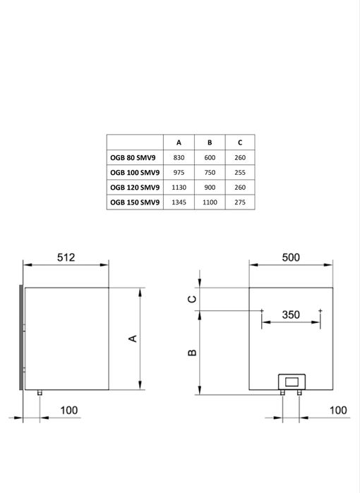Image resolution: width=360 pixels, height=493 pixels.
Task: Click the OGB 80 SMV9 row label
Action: [x=134, y=158]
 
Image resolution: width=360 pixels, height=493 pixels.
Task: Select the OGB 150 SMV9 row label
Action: [x=134, y=202]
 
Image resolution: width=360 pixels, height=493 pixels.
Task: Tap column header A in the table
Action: [x=179, y=142]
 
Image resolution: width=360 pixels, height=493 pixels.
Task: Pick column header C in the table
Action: [x=240, y=142]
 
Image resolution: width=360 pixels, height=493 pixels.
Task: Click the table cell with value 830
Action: [x=179, y=158]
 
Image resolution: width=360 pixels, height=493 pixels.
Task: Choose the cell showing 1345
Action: [x=179, y=202]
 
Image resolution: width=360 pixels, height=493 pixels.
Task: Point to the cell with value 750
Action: [x=210, y=172]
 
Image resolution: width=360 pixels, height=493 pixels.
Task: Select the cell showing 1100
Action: [x=210, y=202]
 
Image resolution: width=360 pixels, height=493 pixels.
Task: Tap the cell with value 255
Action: [x=240, y=172]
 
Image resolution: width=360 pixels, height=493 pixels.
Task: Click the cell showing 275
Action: [x=240, y=202]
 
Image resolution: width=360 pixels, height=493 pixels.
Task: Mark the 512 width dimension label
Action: [x=66, y=257]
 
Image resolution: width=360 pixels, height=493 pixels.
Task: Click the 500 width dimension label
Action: [x=291, y=257]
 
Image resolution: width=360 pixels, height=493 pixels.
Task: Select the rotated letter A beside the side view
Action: [x=132, y=339]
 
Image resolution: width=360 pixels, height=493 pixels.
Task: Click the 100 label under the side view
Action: [x=68, y=410]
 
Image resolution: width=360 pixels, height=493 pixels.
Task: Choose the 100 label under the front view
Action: [x=338, y=410]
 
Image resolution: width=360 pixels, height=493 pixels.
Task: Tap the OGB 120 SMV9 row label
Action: [x=134, y=188]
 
